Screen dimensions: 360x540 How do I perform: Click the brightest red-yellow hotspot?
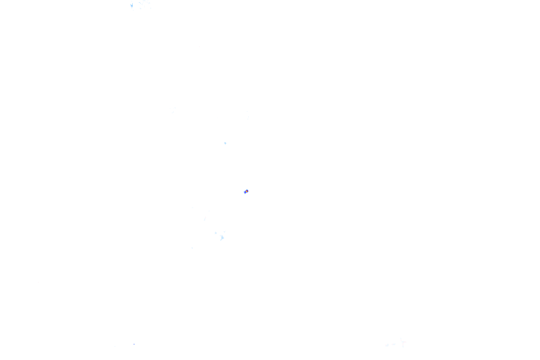[x=246, y=191]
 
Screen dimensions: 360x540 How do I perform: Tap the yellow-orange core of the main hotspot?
[x=247, y=191]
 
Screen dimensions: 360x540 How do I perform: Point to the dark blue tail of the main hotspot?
[x=245, y=192]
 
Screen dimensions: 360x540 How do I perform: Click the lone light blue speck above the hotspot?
[x=225, y=143]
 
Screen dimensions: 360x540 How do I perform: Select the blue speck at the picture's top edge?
[x=131, y=6]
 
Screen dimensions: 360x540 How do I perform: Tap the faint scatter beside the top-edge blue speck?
[x=143, y=4]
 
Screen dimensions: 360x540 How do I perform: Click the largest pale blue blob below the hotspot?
[x=222, y=238]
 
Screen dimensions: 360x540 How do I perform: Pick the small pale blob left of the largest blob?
[x=215, y=233]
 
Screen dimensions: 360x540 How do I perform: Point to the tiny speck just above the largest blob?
[x=224, y=232]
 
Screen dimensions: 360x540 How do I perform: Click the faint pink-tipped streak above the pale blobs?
[x=205, y=219]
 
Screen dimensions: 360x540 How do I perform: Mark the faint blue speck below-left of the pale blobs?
[x=192, y=247]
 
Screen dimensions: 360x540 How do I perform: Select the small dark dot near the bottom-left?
[x=134, y=344]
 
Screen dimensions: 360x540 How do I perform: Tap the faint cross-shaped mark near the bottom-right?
[x=402, y=342]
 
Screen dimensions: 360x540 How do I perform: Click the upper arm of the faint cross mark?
[x=402, y=339]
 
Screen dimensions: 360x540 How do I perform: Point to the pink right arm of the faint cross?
[x=405, y=342]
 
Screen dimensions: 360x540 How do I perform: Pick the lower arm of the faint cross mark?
[x=402, y=347]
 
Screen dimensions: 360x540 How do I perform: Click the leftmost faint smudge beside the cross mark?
[x=387, y=345]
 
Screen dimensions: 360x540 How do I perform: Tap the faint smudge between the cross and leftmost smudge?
[x=394, y=344]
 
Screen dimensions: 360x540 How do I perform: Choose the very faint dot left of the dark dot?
[x=127, y=344]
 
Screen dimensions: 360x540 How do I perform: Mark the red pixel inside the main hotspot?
[x=246, y=191]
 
